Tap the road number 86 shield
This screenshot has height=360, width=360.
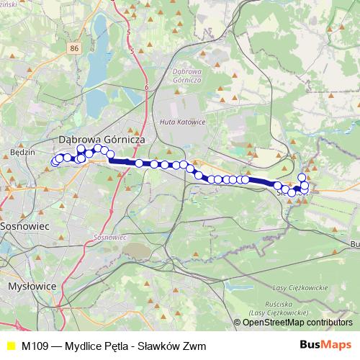click(75, 47)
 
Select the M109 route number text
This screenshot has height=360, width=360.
click(35, 346)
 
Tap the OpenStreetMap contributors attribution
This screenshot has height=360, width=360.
click(297, 323)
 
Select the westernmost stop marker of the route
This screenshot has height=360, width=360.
click(55, 163)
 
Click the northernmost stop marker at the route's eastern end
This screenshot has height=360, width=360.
click(302, 177)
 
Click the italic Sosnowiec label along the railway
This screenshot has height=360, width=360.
click(110, 236)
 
